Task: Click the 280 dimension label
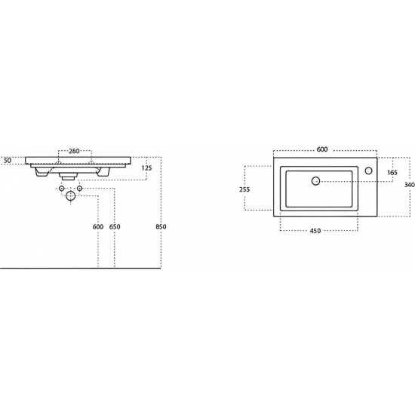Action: [74, 151]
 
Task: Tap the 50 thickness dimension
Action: [8, 161]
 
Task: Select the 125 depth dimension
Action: [146, 168]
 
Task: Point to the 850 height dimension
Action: [161, 227]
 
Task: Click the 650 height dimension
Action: [115, 227]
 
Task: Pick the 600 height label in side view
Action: [98, 227]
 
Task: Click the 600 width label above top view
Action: [322, 149]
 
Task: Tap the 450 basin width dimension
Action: [315, 231]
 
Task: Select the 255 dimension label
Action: [244, 189]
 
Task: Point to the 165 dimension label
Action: [392, 173]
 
